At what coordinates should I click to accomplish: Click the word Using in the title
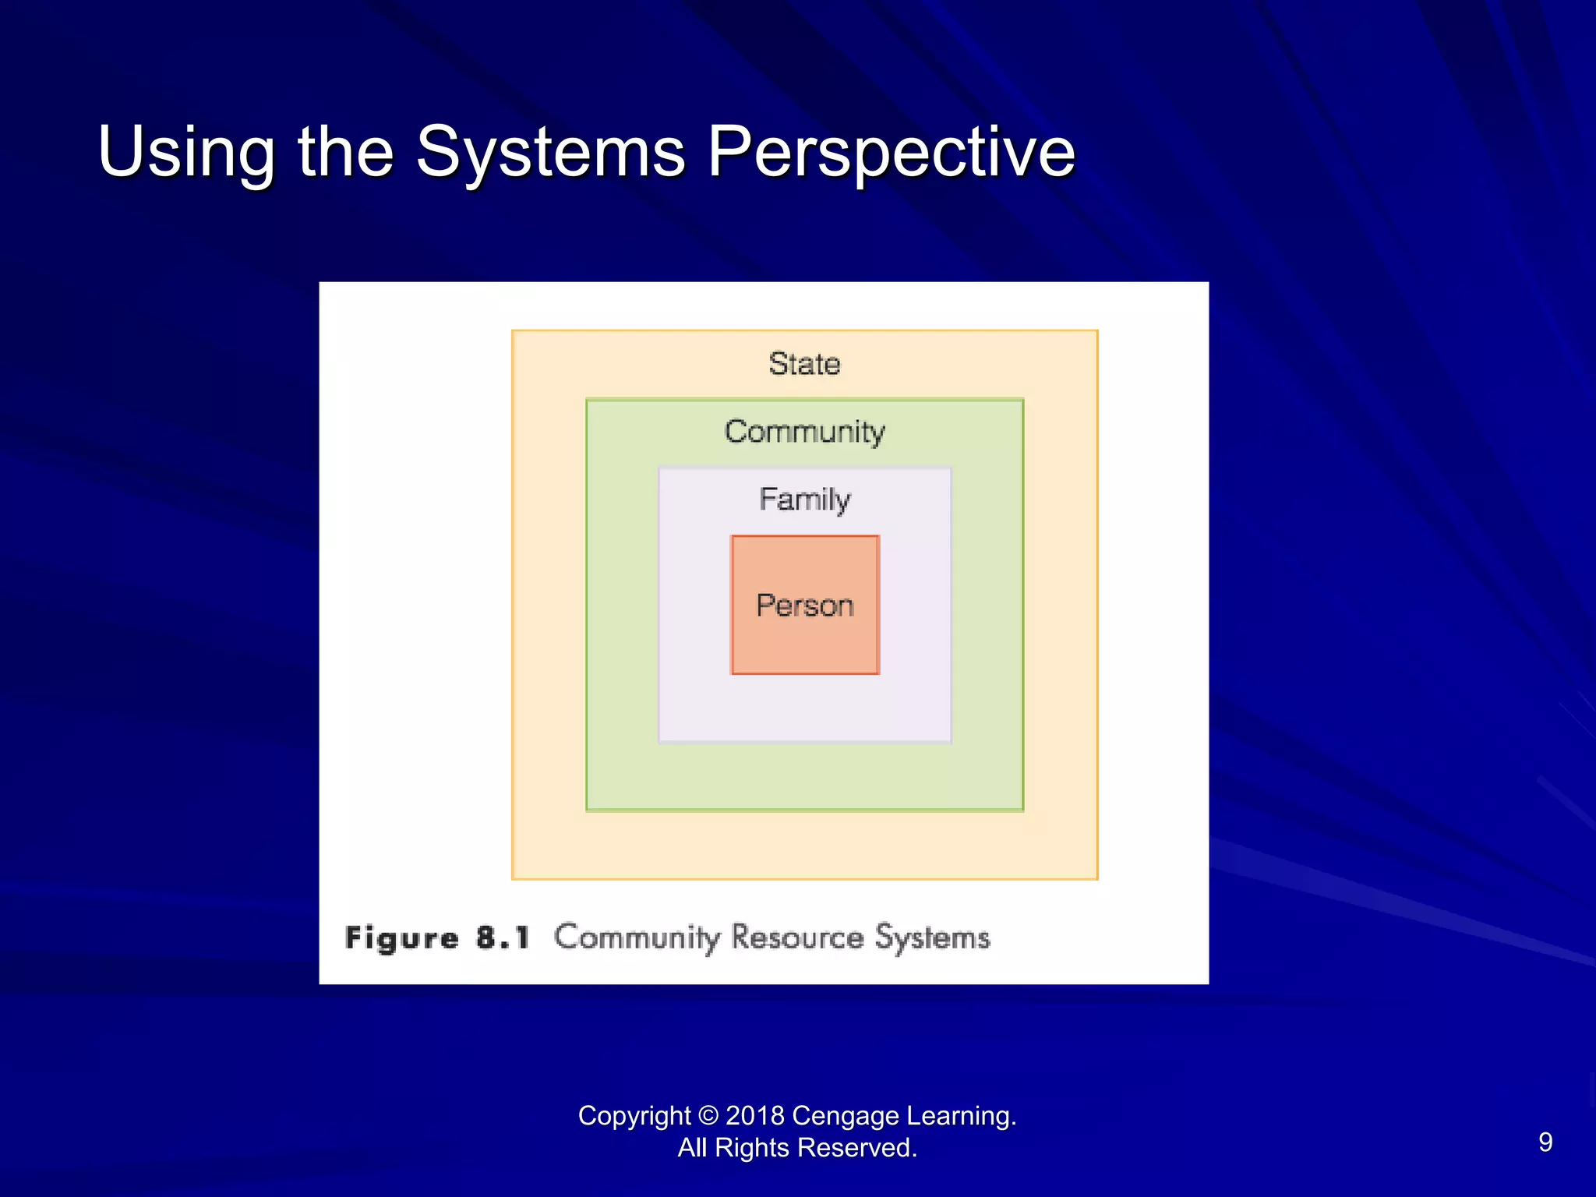[x=185, y=153]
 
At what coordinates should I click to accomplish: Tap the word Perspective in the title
[x=891, y=153]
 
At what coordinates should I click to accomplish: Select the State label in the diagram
[x=804, y=364]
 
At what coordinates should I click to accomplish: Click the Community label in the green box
[x=804, y=432]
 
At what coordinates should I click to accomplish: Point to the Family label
[x=804, y=500]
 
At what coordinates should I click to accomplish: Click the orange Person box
[x=804, y=606]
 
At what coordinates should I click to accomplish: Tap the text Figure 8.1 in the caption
[x=437, y=937]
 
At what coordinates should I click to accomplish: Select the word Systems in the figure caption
[x=932, y=937]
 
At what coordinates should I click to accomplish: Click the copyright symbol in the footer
[x=708, y=1116]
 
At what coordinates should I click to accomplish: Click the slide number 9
[x=1545, y=1142]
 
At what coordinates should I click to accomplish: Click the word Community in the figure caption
[x=637, y=937]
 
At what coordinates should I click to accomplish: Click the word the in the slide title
[x=345, y=153]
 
